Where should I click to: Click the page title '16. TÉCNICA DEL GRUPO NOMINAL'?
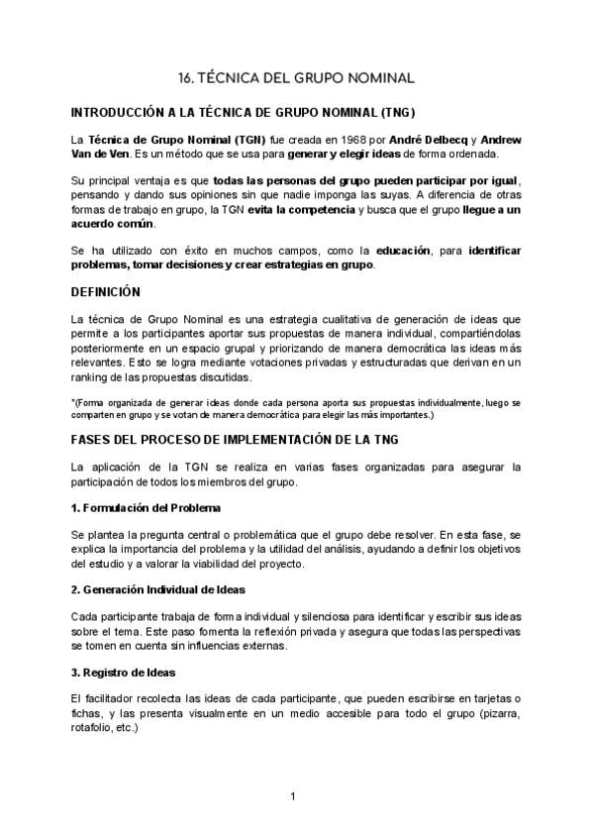(x=297, y=76)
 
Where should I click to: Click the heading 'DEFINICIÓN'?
(x=107, y=292)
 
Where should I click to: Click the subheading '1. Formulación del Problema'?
(x=139, y=508)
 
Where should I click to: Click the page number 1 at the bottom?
(x=294, y=796)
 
